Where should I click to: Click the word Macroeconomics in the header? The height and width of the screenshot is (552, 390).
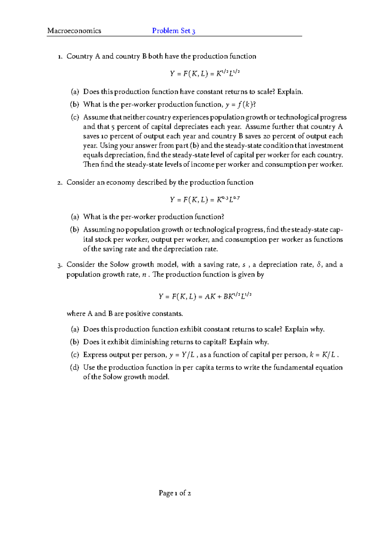74,31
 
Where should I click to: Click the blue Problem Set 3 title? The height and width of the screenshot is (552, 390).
174,31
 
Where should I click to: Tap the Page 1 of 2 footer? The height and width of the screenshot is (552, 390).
175,493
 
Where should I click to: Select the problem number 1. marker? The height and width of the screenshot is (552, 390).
59,57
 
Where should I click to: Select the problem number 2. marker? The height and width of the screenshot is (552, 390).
59,183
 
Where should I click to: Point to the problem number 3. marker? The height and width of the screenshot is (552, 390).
59,265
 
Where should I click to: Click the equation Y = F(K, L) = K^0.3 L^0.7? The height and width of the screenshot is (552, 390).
205,199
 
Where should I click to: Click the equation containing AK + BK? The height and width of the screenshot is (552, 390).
205,296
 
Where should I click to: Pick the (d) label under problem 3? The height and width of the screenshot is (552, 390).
74,368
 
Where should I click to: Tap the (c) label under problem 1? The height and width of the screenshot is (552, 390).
75,117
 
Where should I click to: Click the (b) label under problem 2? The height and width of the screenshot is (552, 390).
74,230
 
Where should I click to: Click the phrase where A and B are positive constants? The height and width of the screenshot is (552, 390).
125,314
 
